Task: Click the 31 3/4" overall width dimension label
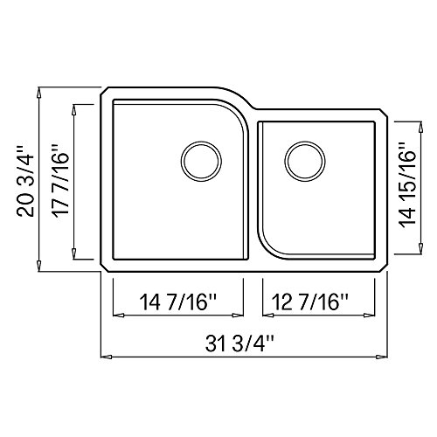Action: coord(239,344)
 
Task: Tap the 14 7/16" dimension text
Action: coord(179,302)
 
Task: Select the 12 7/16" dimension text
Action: coord(310,302)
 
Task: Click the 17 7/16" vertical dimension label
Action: coord(60,179)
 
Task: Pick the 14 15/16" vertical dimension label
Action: coord(407,185)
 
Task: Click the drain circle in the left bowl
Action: coord(201,161)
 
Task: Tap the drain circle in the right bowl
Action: coord(305,161)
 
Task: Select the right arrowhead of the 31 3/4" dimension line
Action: coord(382,357)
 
